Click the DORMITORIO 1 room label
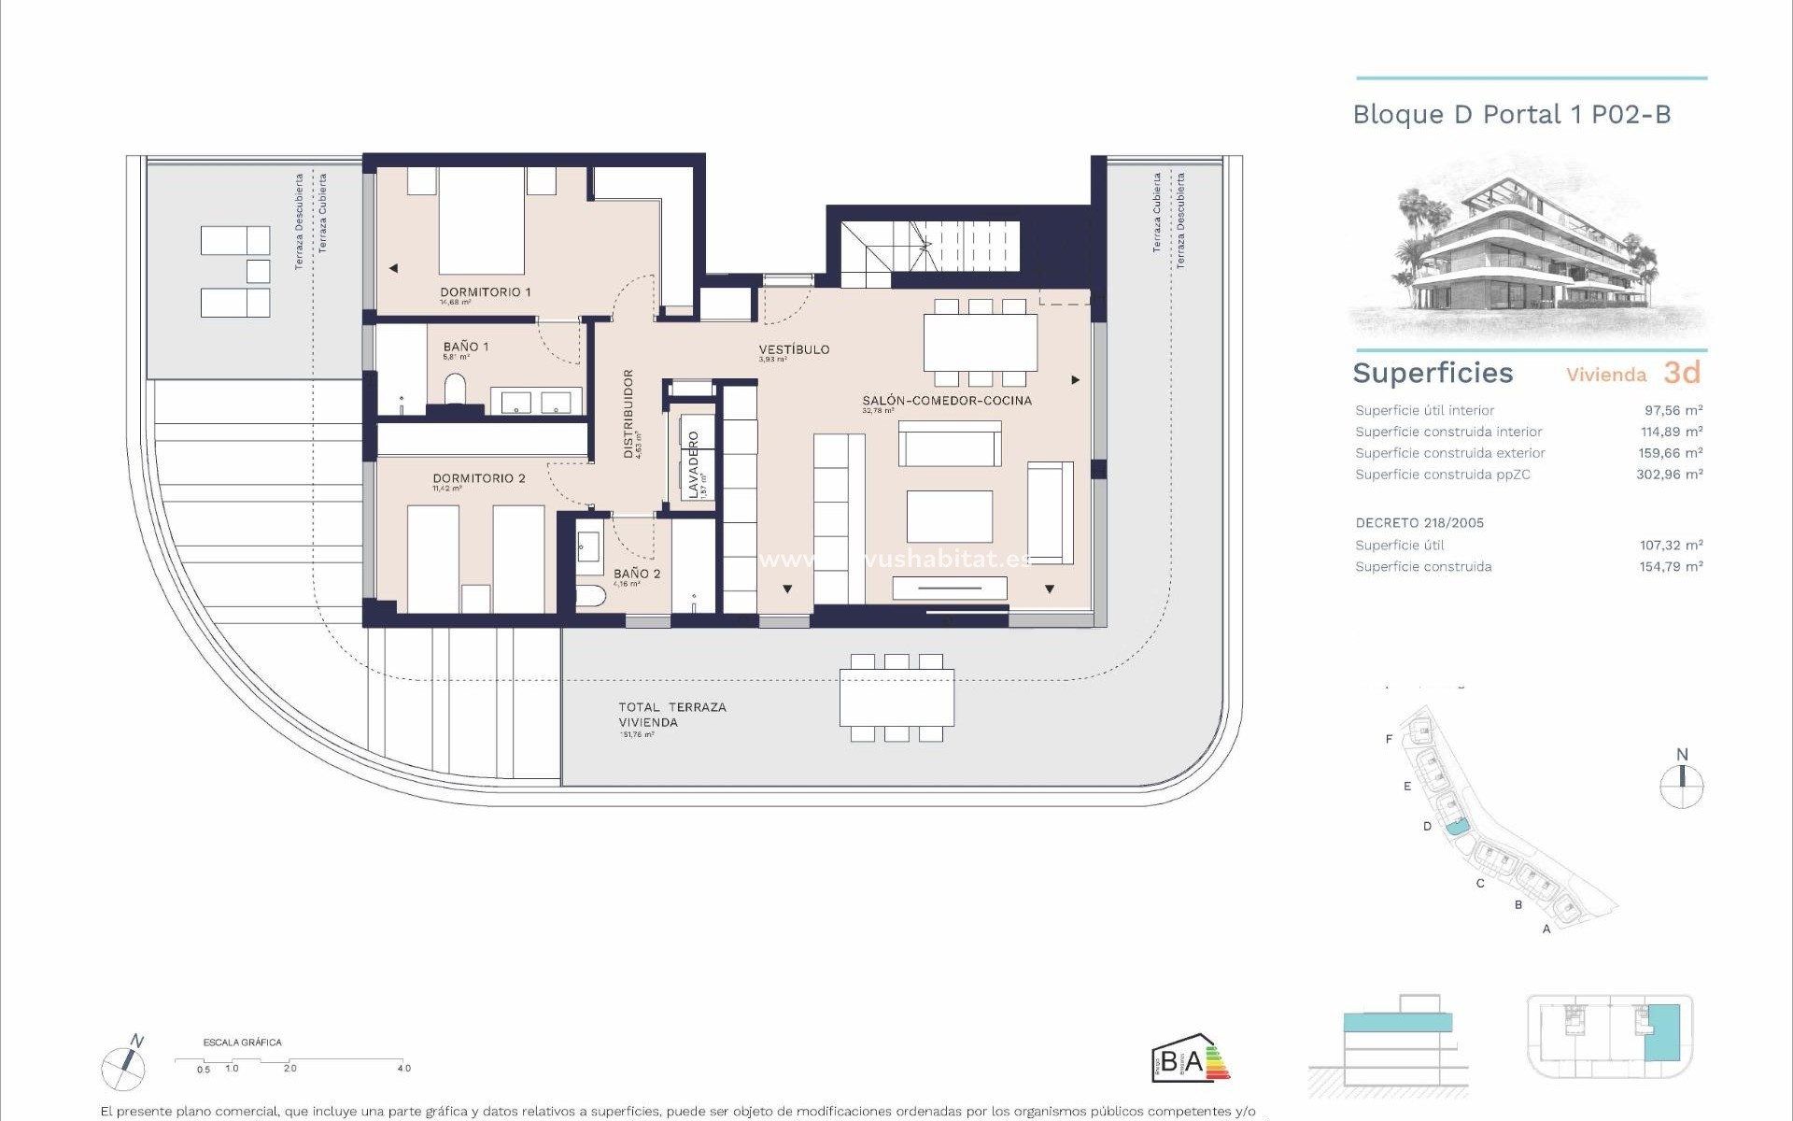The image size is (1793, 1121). (485, 292)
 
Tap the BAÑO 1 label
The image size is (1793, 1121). (465, 347)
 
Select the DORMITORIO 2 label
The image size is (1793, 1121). (478, 478)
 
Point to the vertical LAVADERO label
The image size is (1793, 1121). (694, 463)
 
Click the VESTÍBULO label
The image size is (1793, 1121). (794, 349)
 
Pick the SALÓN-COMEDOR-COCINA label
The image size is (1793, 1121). (946, 401)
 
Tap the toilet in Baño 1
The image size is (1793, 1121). (456, 389)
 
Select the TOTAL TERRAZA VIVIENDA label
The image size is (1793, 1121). (671, 715)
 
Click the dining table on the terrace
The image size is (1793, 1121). (896, 698)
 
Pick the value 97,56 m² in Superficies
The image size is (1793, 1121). (1673, 410)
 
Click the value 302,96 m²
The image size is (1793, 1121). (1669, 475)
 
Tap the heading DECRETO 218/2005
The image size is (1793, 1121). (1419, 523)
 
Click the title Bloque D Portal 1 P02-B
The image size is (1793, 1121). (1511, 115)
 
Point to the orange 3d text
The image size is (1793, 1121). (1681, 373)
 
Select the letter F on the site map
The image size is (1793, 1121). (1389, 739)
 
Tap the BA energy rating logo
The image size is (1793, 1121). (1189, 1060)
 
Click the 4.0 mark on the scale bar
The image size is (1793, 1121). (403, 1068)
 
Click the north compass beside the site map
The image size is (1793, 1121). (1681, 786)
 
